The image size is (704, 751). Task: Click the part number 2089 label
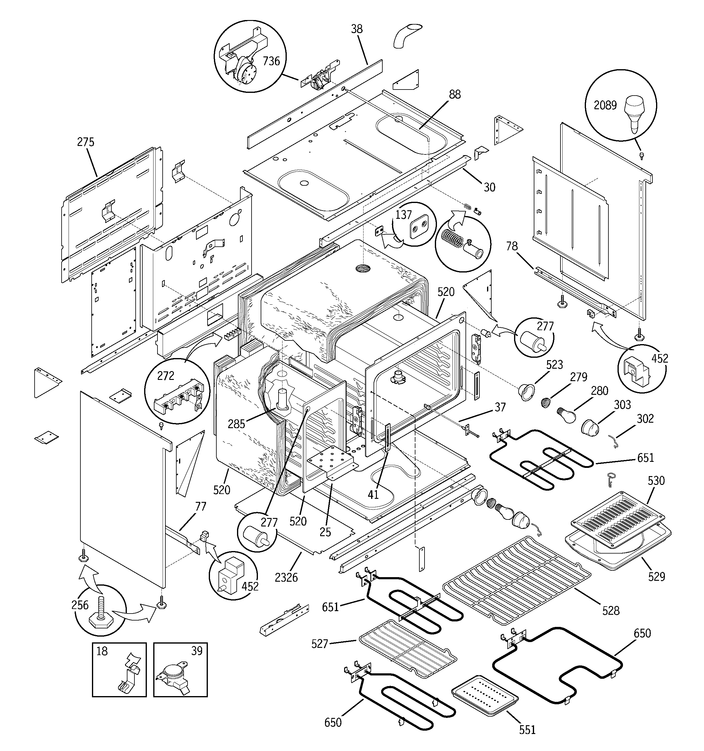(605, 105)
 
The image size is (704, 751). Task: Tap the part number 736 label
(271, 61)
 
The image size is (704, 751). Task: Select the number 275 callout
(86, 142)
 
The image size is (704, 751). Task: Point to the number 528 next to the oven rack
(611, 611)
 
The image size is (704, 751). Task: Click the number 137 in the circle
(403, 215)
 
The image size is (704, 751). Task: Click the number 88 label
(455, 94)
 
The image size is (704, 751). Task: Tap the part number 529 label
(656, 577)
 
